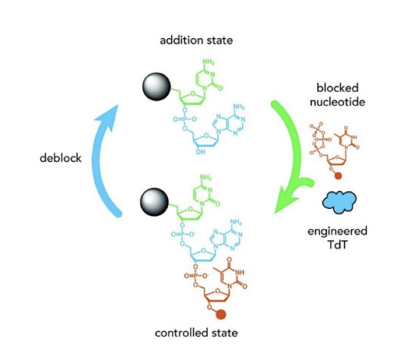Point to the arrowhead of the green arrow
point(285,205)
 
